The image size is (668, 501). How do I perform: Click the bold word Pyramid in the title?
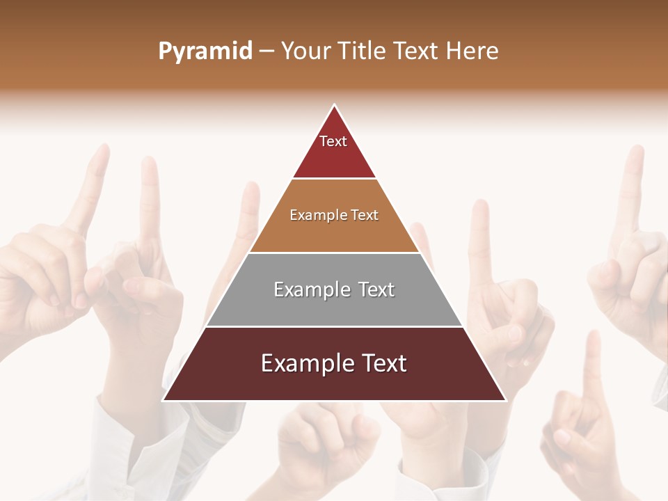[205, 51]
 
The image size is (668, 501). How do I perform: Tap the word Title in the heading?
[361, 51]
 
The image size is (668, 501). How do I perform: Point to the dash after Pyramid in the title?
[267, 51]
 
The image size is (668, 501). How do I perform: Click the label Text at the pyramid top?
[333, 141]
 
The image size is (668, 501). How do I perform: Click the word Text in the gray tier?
[375, 289]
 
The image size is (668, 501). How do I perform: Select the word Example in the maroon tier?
[307, 363]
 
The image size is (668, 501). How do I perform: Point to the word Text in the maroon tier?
[382, 363]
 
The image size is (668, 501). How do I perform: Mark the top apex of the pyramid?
[335, 106]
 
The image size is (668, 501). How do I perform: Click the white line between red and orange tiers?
[334, 179]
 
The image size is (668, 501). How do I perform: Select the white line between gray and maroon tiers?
[334, 326]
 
